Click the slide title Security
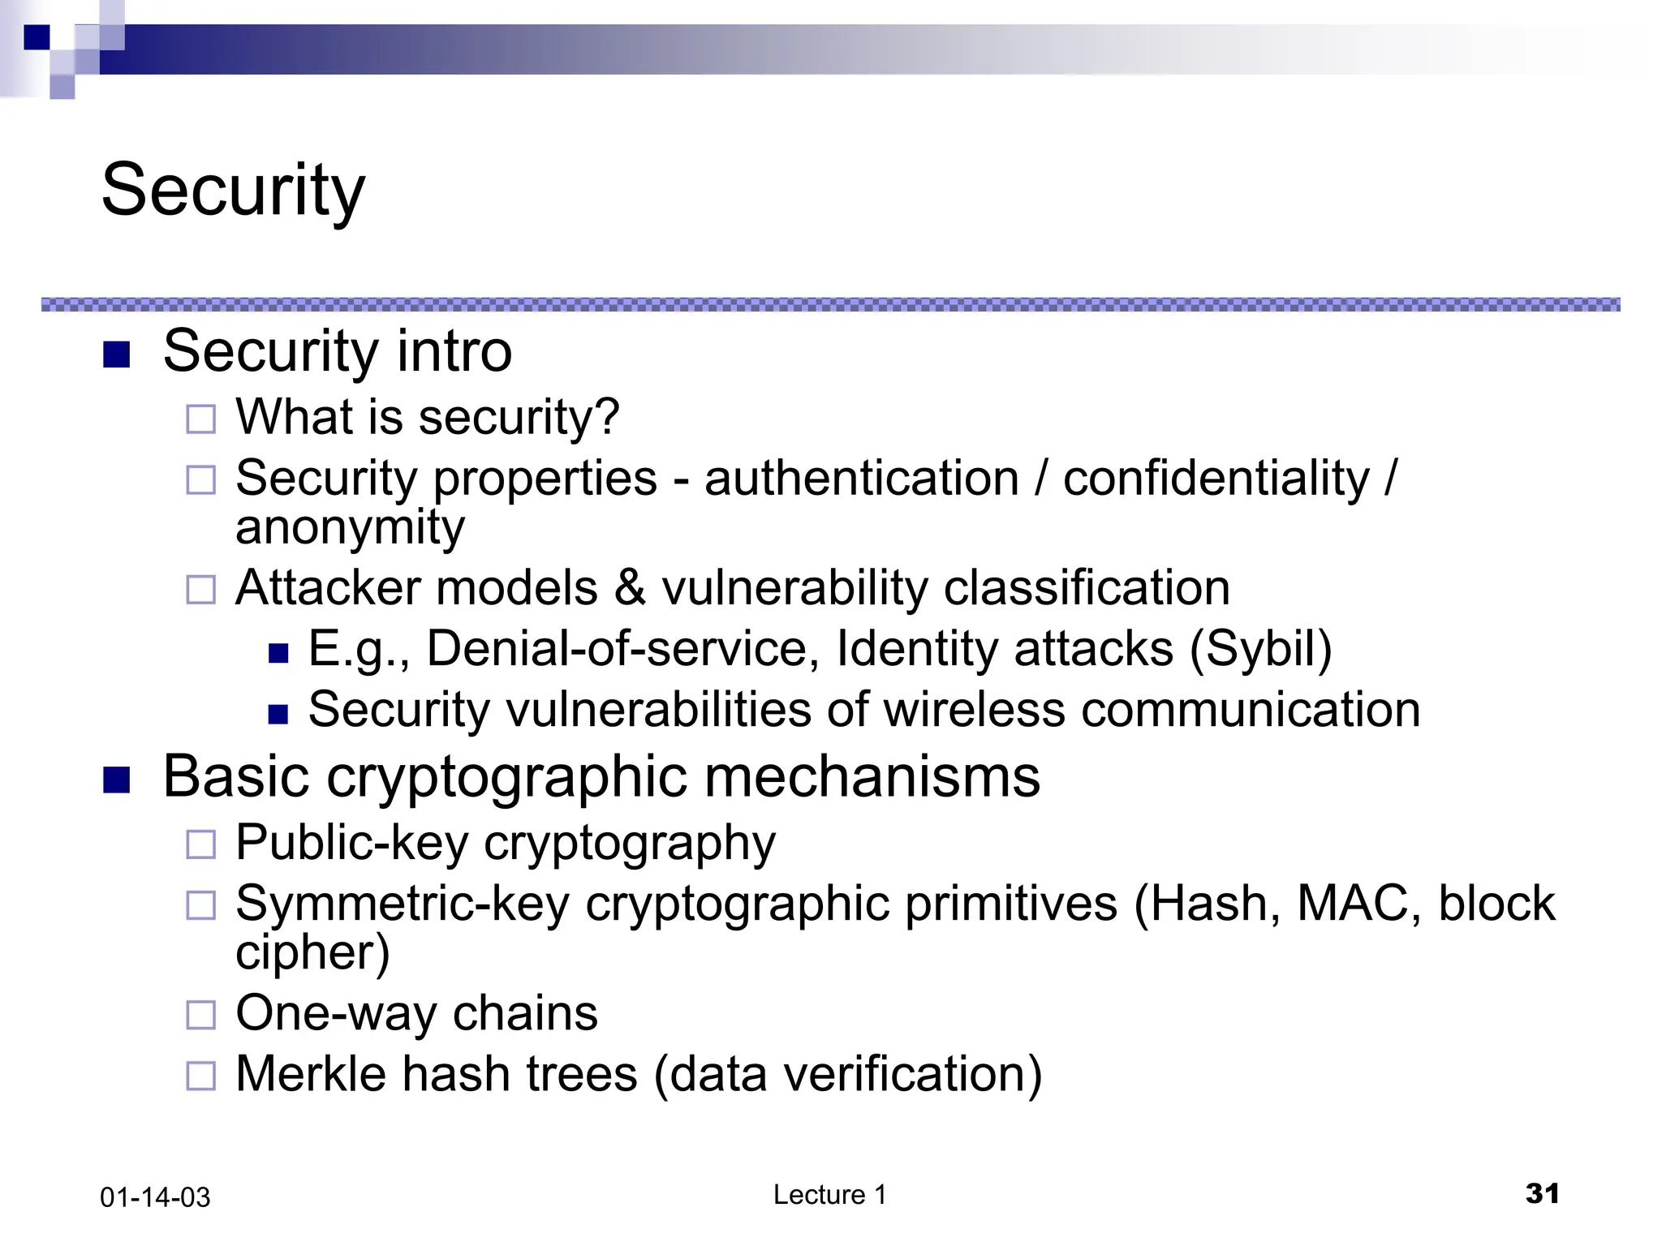tap(234, 191)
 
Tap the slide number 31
tap(1542, 1193)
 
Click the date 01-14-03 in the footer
tap(155, 1197)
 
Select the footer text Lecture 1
tap(829, 1195)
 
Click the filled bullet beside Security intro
tap(117, 354)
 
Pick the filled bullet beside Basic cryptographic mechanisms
tap(117, 780)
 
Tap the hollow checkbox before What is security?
tap(201, 419)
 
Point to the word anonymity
tap(350, 527)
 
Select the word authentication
tap(861, 478)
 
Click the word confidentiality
tap(1216, 478)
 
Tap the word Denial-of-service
tap(617, 649)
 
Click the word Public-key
tap(351, 843)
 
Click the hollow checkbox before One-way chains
tap(201, 1015)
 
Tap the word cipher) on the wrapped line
tap(312, 952)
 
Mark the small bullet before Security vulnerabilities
tap(278, 714)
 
